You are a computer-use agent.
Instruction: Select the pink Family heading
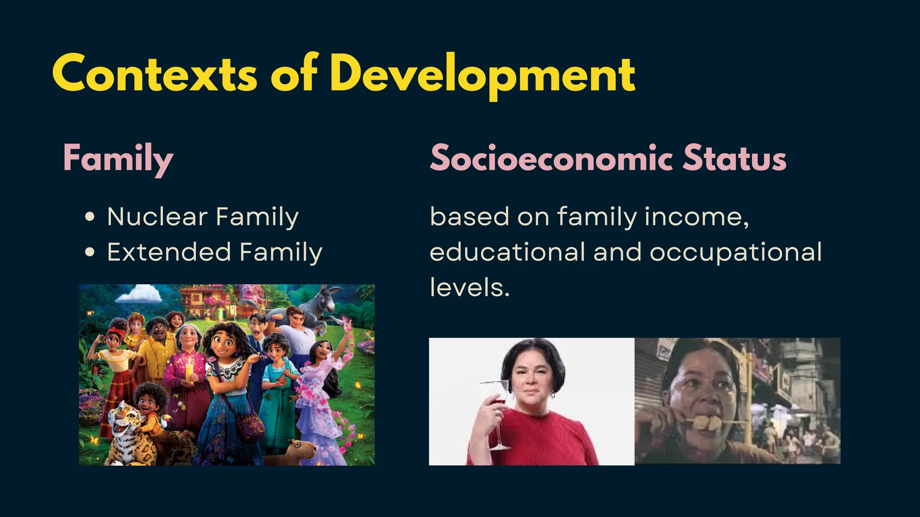click(x=118, y=158)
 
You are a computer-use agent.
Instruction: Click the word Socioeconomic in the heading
click(x=551, y=158)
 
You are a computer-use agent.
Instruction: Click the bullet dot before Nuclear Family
click(x=90, y=217)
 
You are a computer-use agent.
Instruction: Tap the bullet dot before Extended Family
click(x=90, y=252)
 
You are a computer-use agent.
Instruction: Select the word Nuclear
click(x=157, y=217)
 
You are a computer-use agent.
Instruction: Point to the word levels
click(x=469, y=287)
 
